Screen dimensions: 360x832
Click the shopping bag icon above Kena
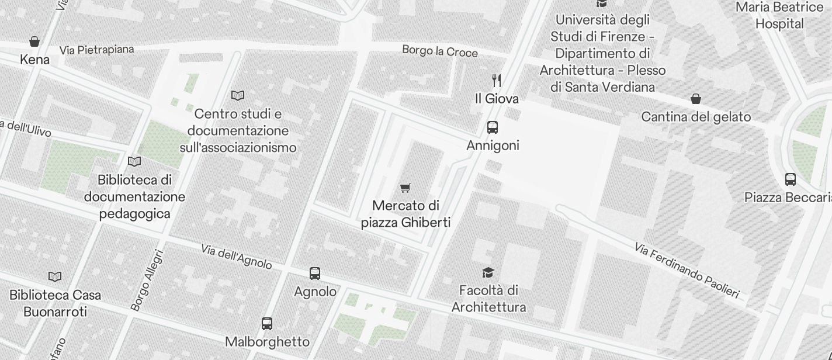pyautogui.click(x=34, y=41)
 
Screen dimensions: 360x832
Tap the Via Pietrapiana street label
pyautogui.click(x=96, y=50)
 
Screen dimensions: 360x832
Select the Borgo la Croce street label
pyautogui.click(x=439, y=51)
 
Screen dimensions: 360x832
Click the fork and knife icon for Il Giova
pyautogui.click(x=497, y=80)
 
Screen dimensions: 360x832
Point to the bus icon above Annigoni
pyautogui.click(x=493, y=127)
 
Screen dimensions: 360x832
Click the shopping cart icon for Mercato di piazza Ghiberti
pyautogui.click(x=405, y=188)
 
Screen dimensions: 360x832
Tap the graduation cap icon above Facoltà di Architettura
pyautogui.click(x=488, y=272)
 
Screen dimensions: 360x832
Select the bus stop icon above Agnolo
pyautogui.click(x=315, y=273)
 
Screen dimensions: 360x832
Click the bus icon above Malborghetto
pyautogui.click(x=267, y=323)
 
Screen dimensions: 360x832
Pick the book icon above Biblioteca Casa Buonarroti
pyautogui.click(x=55, y=276)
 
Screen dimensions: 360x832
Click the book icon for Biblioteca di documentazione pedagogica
pyautogui.click(x=134, y=161)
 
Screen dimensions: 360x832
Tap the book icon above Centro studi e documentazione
pyautogui.click(x=238, y=95)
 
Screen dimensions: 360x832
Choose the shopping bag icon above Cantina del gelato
pyautogui.click(x=696, y=99)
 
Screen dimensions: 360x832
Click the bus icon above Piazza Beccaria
pyautogui.click(x=791, y=179)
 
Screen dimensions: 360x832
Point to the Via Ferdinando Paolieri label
pyautogui.click(x=687, y=271)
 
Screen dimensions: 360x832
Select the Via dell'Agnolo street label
pyautogui.click(x=236, y=257)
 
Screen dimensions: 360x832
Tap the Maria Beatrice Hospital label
pyautogui.click(x=779, y=16)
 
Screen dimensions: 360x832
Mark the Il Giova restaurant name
pyautogui.click(x=497, y=99)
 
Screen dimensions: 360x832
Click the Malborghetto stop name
pyautogui.click(x=267, y=341)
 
